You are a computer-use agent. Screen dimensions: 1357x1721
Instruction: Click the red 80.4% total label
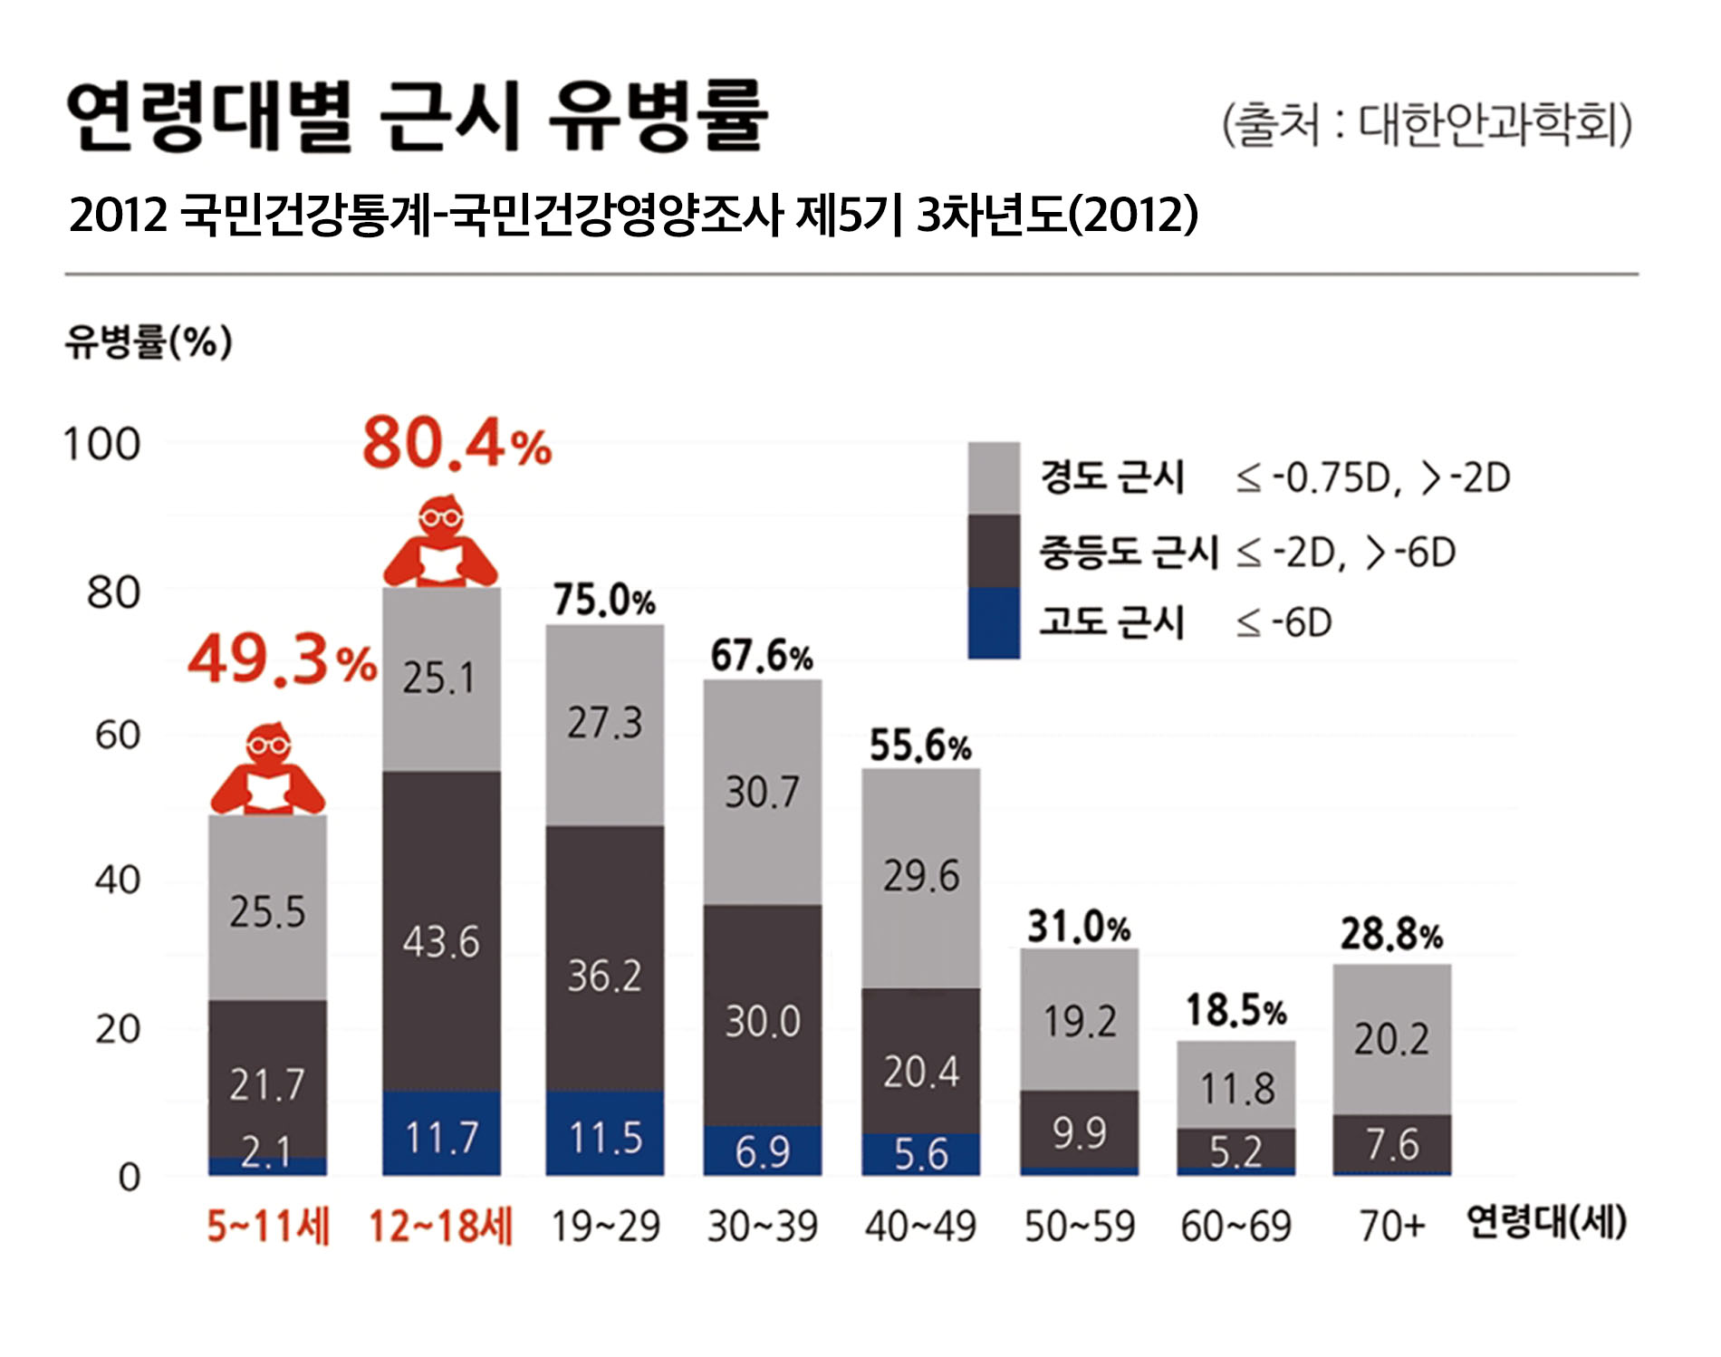click(457, 445)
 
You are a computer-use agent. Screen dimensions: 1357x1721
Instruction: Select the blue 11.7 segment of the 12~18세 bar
click(441, 1135)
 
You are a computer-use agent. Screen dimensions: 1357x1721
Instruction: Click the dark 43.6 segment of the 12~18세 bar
click(441, 933)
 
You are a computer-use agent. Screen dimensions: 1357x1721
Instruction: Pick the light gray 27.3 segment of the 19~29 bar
click(604, 724)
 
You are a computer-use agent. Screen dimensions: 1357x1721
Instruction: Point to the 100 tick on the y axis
click(101, 445)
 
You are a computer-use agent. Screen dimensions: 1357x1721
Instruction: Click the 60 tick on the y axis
click(117, 735)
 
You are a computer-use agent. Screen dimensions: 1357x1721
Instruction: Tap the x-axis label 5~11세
click(268, 1227)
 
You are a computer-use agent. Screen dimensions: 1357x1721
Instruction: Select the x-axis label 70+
click(1391, 1227)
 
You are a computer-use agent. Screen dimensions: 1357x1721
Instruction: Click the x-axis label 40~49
click(920, 1227)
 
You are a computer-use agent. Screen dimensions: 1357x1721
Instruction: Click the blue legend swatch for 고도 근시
click(994, 623)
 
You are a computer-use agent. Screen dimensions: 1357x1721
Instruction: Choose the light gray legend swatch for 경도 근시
click(994, 477)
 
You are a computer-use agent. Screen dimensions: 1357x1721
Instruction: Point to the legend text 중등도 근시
click(1128, 552)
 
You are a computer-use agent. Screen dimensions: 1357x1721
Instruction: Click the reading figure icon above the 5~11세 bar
click(268, 770)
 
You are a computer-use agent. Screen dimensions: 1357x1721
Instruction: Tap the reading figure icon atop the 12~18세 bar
click(441, 542)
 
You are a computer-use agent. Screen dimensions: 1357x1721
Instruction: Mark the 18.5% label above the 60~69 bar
click(1235, 1010)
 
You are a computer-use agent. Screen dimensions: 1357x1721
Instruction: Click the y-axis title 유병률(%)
click(149, 342)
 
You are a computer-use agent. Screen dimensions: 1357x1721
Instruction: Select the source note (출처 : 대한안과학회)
click(1427, 124)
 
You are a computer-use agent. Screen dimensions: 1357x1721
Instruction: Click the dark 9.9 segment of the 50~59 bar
click(1079, 1131)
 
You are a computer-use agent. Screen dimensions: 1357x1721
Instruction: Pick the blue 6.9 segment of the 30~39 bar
click(763, 1150)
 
